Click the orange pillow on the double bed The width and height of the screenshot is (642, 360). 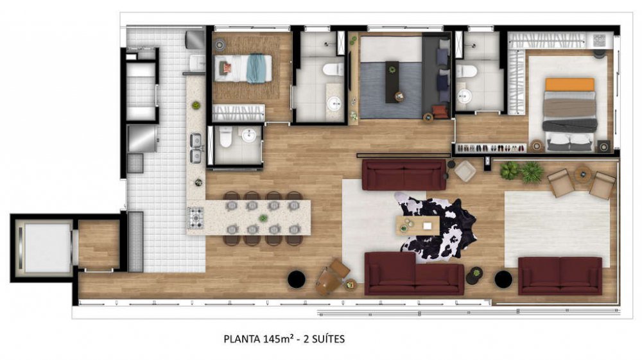pos(569,85)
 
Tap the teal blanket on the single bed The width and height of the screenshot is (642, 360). pos(256,68)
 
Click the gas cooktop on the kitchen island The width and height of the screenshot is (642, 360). pos(196,218)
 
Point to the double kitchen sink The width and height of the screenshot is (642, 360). pos(196,148)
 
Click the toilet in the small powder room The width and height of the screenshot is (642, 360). pos(226,137)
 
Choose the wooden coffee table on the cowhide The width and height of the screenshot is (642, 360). pos(418,225)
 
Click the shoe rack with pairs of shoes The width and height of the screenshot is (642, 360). pos(491,148)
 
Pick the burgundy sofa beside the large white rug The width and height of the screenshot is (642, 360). pos(560,276)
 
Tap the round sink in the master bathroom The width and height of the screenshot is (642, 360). pos(464,96)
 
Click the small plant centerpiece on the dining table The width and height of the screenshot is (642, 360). pos(263,218)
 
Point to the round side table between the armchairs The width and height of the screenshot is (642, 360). pos(582,174)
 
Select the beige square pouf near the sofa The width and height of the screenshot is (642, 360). pos(465,171)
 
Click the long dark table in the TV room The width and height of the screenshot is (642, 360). pos(392,82)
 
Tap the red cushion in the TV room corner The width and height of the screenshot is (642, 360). pos(439,111)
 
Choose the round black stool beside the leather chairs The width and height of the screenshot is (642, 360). pos(297,279)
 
